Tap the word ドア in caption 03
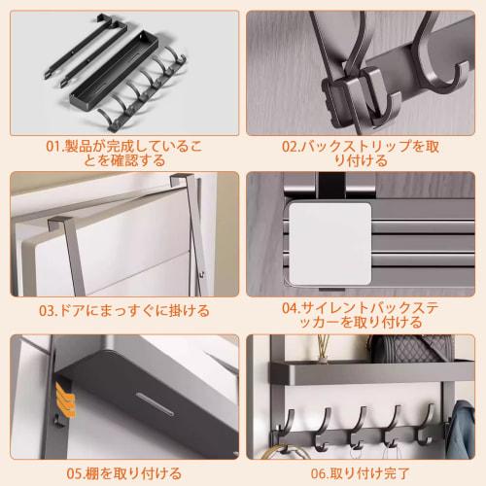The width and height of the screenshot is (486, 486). point(76,311)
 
